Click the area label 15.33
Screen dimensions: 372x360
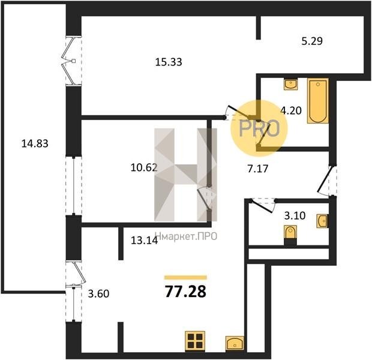pos(169,62)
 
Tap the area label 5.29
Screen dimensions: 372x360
pos(312,41)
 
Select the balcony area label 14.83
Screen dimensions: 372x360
pos(35,143)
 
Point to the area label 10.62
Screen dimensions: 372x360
pos(144,168)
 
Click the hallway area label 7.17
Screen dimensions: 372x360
pos(258,169)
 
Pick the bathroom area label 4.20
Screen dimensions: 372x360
pos(291,110)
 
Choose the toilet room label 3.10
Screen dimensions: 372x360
pos(295,216)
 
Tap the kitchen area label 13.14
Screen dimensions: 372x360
pos(144,241)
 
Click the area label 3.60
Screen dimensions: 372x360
pos(98,294)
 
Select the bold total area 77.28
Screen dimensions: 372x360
pos(185,292)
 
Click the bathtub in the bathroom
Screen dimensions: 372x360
pos(318,101)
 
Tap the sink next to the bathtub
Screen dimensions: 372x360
pos(290,84)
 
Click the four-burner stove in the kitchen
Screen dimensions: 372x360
pos(195,341)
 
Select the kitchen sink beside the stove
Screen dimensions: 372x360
pos(235,343)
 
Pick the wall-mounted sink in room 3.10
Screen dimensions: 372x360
pos(323,221)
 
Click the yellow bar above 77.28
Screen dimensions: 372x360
pos(185,277)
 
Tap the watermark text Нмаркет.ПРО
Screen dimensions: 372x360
pos(187,236)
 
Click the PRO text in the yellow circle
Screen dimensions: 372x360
pos(259,128)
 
